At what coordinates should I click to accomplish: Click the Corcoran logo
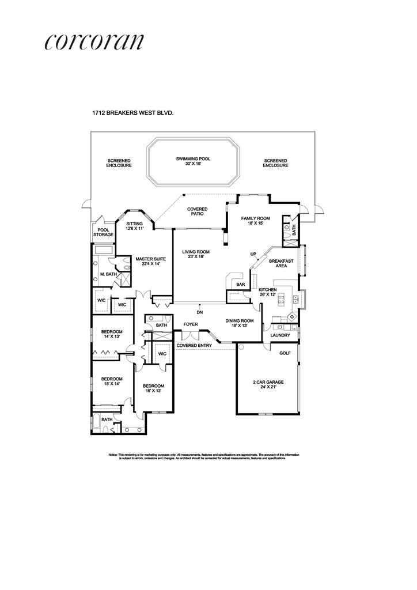93,42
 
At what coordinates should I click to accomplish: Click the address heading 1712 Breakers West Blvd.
133,114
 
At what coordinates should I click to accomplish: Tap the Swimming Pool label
193,161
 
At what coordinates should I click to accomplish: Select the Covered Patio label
198,211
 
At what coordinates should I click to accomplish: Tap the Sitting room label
134,226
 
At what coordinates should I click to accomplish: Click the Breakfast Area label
282,264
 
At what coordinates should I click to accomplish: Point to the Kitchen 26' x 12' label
268,292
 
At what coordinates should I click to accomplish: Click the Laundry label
280,335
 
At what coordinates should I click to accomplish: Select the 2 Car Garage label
268,384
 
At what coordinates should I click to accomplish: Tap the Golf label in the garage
285,353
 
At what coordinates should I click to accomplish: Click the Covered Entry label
194,346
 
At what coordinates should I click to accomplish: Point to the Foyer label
191,324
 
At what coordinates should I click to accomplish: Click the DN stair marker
200,312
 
